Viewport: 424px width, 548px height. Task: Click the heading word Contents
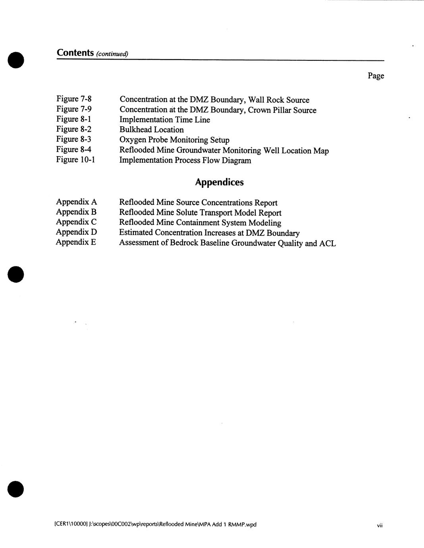[75, 53]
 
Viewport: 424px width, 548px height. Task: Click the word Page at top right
[376, 75]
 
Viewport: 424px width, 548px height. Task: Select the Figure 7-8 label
[74, 99]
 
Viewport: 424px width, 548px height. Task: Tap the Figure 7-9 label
[74, 109]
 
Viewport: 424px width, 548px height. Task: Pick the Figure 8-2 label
[74, 129]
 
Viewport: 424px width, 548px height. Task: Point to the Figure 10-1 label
[75, 159]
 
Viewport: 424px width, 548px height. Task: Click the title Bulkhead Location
[152, 129]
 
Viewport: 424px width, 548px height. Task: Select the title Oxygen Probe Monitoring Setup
[174, 140]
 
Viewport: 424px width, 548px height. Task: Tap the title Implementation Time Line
[165, 120]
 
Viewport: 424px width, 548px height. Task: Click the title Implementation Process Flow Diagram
[185, 160]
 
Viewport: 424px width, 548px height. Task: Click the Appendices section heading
[219, 182]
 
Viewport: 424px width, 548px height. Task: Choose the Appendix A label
[76, 202]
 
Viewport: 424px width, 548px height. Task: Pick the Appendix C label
[76, 222]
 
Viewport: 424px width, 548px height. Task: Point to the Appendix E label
[76, 242]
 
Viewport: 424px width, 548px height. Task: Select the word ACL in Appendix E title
[328, 243]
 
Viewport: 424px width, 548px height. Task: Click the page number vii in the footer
[380, 525]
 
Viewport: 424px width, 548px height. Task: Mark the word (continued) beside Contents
[112, 54]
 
